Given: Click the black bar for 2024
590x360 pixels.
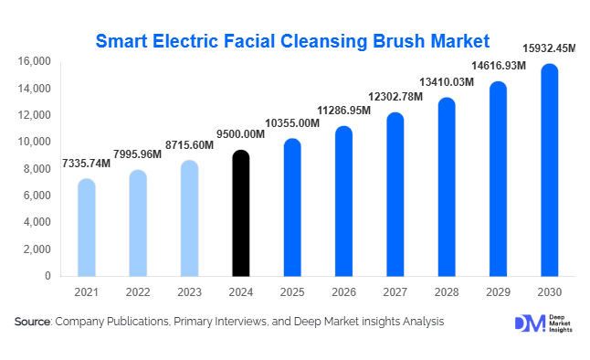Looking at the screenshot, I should [x=239, y=214].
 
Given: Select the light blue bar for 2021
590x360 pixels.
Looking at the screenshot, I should [x=86, y=228].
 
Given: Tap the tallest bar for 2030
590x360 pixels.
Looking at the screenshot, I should [x=550, y=171].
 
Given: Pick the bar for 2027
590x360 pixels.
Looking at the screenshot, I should [x=395, y=195].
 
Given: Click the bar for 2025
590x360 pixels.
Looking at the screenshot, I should [x=291, y=208].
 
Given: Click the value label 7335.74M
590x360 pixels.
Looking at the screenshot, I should [x=86, y=163].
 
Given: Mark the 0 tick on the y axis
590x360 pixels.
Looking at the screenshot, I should [x=47, y=276].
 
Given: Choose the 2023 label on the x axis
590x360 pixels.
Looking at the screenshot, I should [x=188, y=293].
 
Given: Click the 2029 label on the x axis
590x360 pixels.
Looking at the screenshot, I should [x=498, y=293].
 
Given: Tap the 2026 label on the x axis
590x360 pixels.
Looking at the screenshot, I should [x=343, y=293].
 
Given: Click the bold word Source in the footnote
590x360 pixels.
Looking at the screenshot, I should [x=32, y=322].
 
